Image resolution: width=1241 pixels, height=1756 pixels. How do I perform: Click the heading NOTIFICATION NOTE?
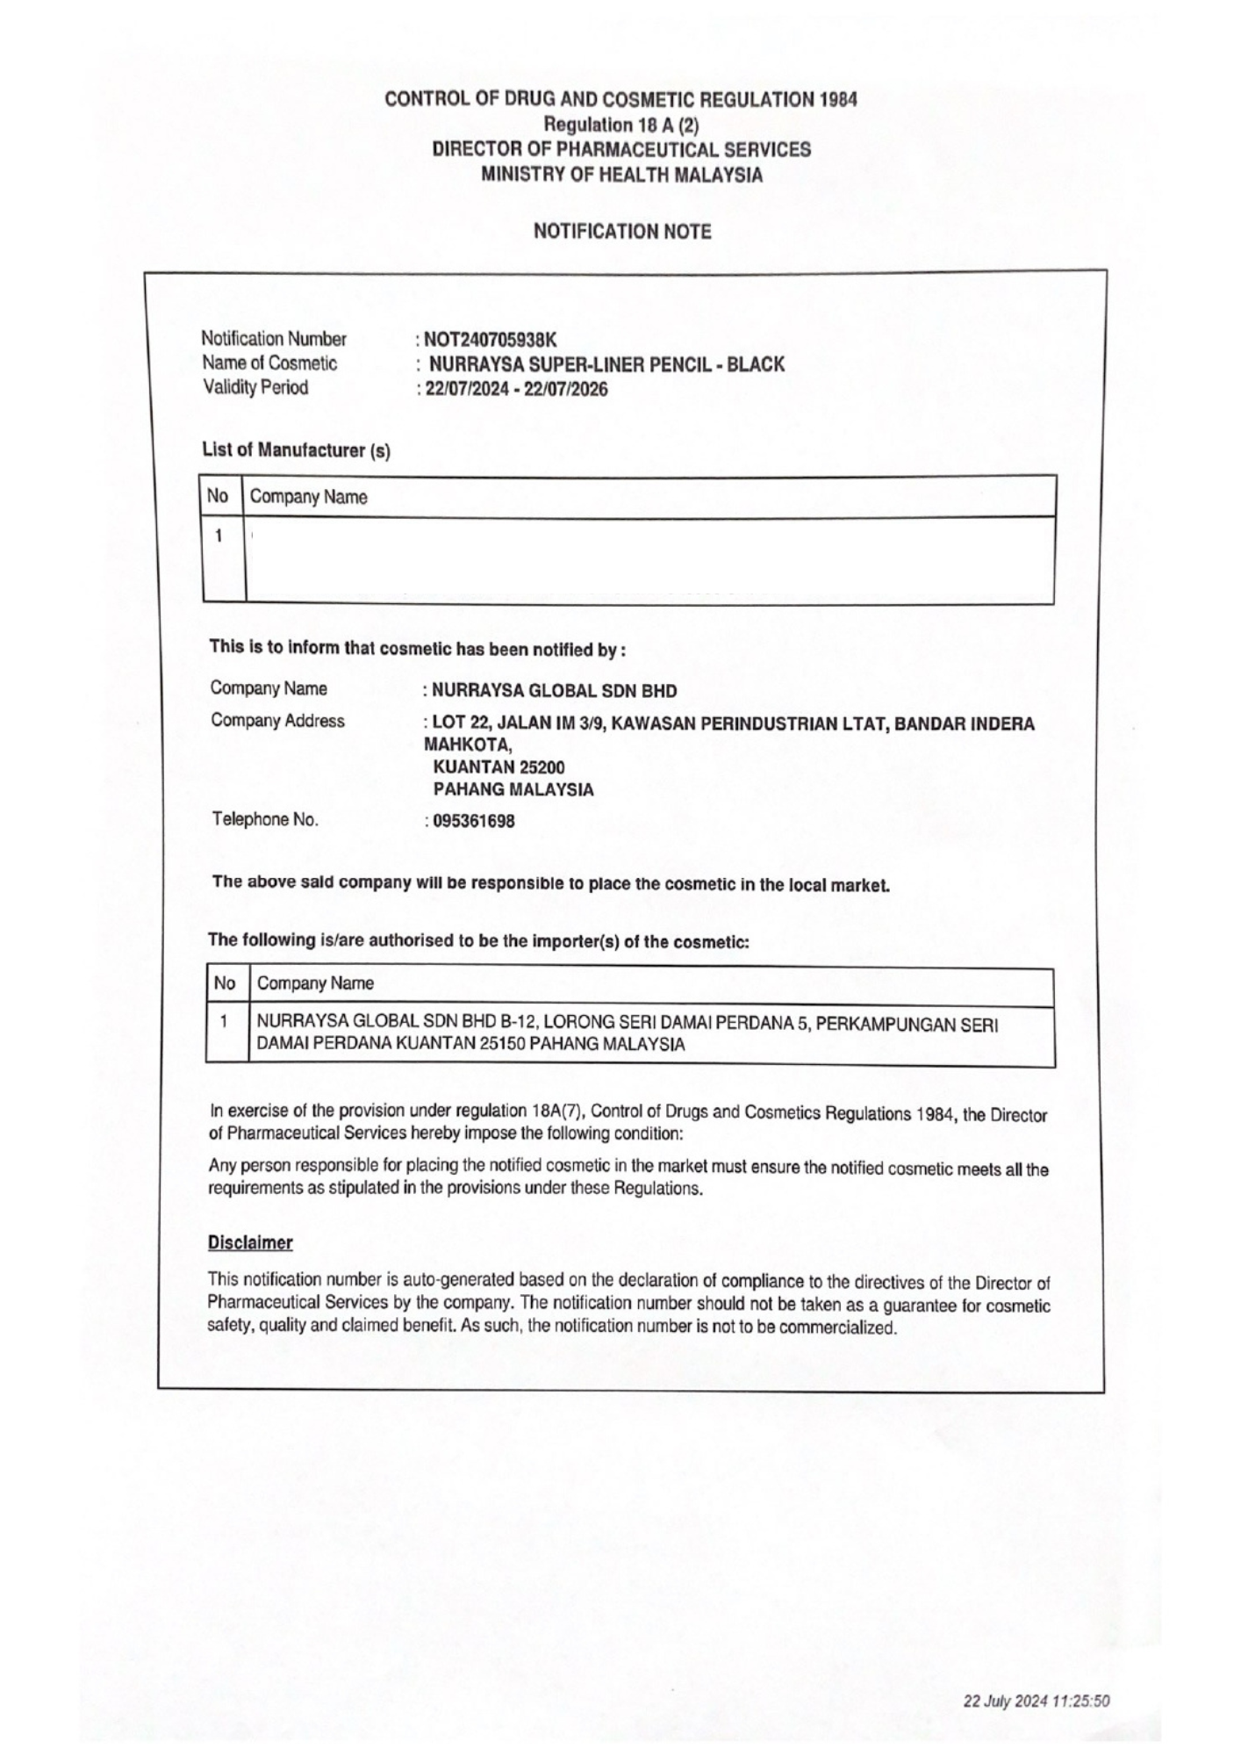click(x=622, y=232)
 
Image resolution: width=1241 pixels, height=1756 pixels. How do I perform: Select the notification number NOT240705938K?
click(x=490, y=340)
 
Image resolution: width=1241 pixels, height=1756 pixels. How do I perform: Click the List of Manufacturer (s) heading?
click(x=296, y=450)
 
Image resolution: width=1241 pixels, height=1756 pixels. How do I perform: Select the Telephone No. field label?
click(x=264, y=820)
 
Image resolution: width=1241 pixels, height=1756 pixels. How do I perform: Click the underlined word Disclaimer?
click(x=250, y=1243)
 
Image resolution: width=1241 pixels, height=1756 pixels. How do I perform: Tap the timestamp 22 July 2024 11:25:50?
click(x=1037, y=1701)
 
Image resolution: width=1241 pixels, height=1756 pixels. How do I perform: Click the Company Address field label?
click(x=277, y=721)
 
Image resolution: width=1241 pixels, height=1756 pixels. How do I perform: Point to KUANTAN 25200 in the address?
click(x=499, y=767)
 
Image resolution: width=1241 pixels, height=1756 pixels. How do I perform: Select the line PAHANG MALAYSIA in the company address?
click(x=513, y=789)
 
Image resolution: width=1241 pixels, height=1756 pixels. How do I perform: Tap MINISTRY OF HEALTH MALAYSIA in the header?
click(x=621, y=175)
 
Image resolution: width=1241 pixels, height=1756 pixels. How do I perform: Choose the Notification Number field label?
click(x=274, y=339)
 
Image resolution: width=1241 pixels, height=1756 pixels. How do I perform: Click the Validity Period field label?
click(x=255, y=387)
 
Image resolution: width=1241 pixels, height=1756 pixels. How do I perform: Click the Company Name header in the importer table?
click(x=315, y=983)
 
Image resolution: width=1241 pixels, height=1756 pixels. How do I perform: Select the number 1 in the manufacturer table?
click(x=219, y=536)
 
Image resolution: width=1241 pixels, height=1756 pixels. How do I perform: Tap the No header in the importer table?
click(x=225, y=983)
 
